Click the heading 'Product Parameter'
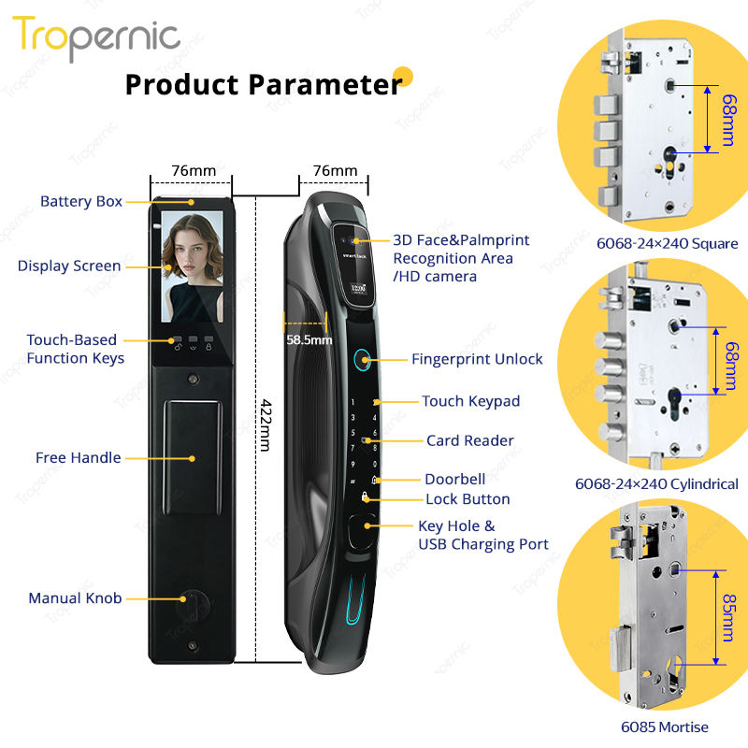click(x=264, y=84)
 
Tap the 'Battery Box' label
click(x=81, y=202)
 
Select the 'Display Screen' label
click(x=69, y=266)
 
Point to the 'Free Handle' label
click(x=79, y=458)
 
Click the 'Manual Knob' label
click(x=75, y=598)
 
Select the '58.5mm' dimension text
click(x=309, y=340)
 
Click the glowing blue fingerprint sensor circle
click(x=360, y=359)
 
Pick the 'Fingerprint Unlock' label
click(x=477, y=360)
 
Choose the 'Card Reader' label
click(x=470, y=440)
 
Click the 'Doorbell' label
click(x=454, y=479)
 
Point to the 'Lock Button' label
click(x=467, y=499)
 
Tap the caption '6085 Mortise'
click(x=666, y=727)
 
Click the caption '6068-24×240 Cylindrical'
click(x=656, y=484)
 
